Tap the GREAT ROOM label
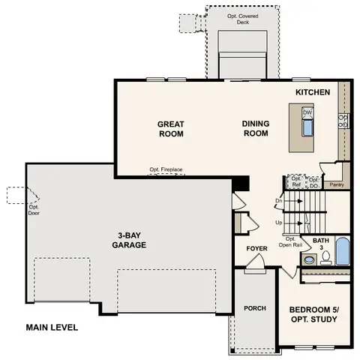tap(170, 128)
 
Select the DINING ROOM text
tap(256, 128)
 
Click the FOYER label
tap(257, 248)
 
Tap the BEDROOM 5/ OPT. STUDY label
tap(313, 314)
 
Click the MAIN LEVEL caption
tap(52, 328)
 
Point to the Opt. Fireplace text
tap(166, 169)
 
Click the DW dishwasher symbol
tap(307, 112)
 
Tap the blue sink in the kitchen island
tap(307, 127)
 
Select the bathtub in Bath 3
tap(342, 251)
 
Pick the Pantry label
tap(337, 184)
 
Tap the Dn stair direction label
tap(278, 201)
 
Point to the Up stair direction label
tap(278, 223)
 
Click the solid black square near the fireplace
tap(240, 183)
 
